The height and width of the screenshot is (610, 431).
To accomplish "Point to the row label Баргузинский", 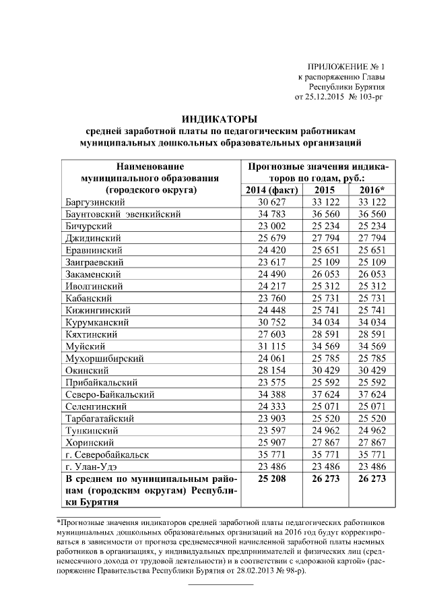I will tap(96, 202).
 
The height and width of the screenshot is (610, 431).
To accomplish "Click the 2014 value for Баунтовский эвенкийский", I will tap(267, 214).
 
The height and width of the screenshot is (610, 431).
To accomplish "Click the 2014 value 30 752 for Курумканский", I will tap(267, 322).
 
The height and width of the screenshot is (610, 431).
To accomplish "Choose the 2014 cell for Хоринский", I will tap(267, 442).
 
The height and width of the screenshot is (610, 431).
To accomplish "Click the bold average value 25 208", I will tap(267, 479).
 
